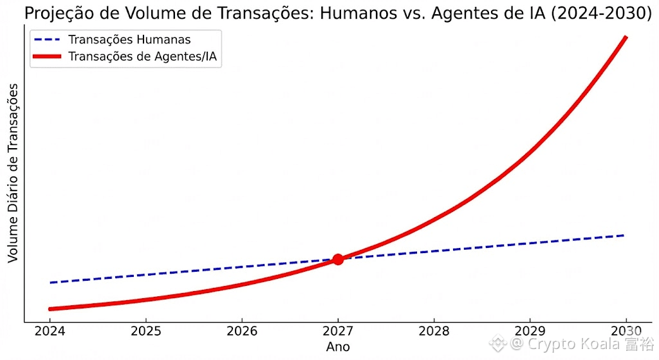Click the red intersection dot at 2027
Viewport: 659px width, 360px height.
[x=337, y=259]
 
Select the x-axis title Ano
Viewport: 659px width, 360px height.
[x=337, y=348]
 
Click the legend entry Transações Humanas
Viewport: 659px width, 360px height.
[x=129, y=40]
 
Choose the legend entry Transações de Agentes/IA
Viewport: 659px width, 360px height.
[x=142, y=57]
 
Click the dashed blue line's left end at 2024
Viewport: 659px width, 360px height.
[x=50, y=282]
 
